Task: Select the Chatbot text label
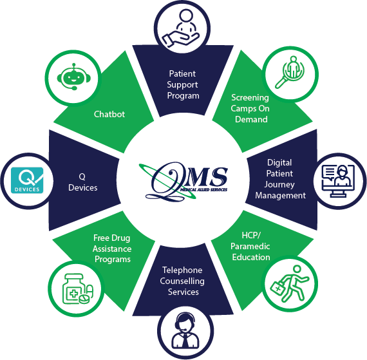pyautogui.click(x=109, y=114)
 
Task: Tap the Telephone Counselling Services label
pyautogui.click(x=182, y=281)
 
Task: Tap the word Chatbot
pyautogui.click(x=109, y=114)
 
